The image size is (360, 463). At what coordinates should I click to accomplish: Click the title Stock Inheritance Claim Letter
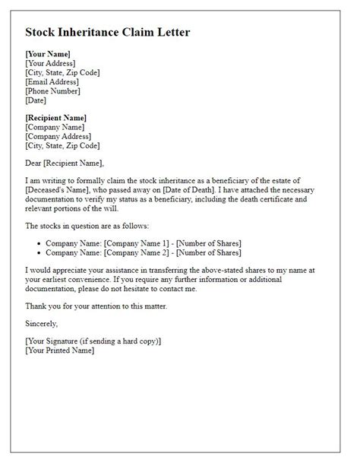point(108,33)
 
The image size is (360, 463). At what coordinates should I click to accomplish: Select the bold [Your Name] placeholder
point(48,54)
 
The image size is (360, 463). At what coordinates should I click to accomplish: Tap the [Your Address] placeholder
point(52,63)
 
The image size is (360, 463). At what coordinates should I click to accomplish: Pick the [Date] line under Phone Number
point(36,100)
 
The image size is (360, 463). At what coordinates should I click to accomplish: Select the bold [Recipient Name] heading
point(56,118)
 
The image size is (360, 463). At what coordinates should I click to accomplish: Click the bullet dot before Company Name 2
point(38,252)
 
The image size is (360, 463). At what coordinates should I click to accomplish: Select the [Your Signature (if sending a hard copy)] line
point(93,341)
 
